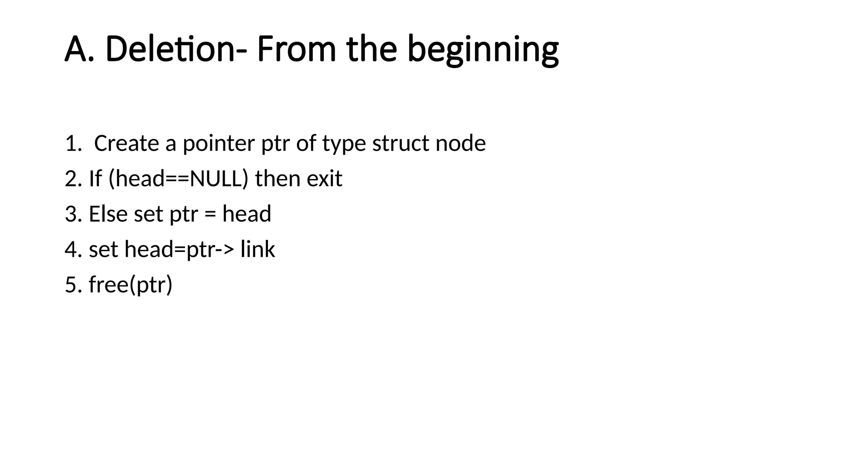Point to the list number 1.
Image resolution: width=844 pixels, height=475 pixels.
73,143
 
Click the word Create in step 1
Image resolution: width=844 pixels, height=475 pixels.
127,143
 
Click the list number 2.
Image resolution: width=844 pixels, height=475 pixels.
73,179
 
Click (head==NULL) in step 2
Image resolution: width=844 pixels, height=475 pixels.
178,179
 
